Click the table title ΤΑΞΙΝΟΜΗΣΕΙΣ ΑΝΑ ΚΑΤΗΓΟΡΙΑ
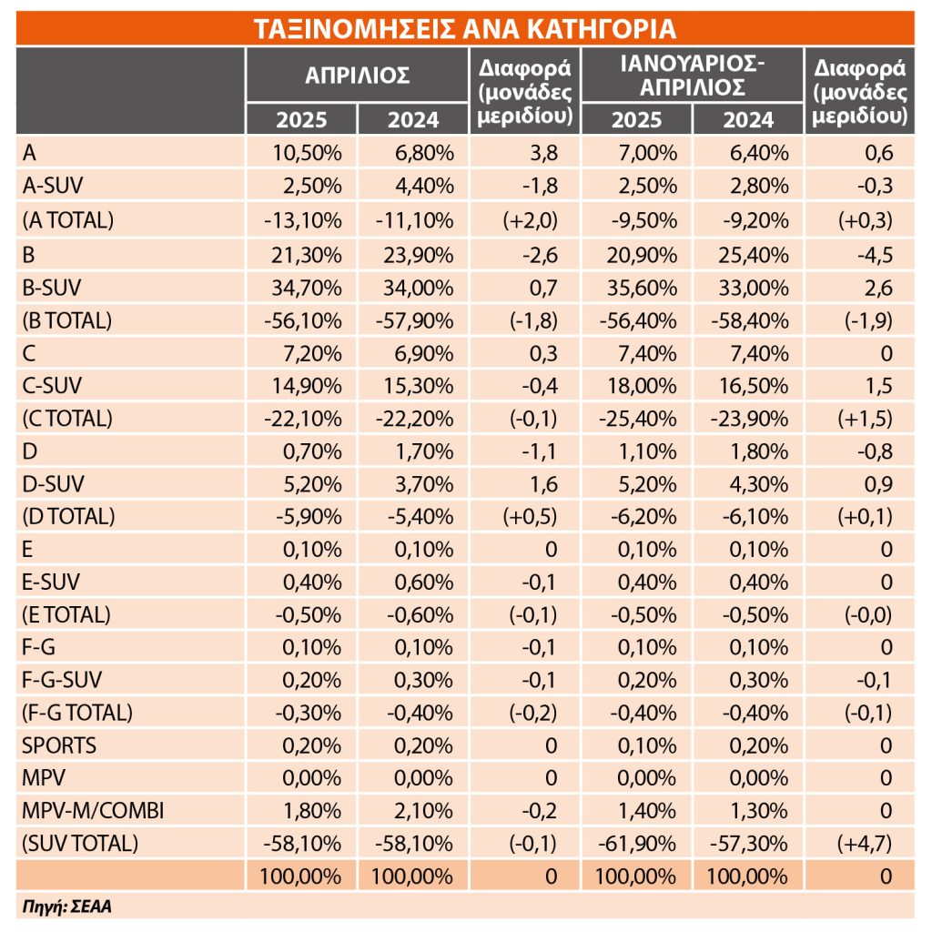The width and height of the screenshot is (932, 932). tap(465, 28)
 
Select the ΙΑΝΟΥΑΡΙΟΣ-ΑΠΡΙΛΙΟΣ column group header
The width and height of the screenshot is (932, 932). tap(693, 76)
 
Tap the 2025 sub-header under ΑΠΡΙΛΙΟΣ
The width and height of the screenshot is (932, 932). tap(301, 120)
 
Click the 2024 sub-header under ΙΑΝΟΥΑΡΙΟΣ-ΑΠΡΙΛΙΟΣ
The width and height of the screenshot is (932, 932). tap(748, 120)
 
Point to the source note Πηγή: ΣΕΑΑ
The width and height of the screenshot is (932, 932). tap(66, 907)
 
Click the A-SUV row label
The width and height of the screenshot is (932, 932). tap(52, 186)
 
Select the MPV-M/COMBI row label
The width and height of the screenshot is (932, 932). tap(93, 811)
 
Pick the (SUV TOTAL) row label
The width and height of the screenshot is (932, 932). tap(80, 844)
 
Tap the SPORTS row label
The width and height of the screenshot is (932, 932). tap(59, 745)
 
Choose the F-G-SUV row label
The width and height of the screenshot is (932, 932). tap(62, 680)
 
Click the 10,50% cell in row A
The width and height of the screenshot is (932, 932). tap(308, 153)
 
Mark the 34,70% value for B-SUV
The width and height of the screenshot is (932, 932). tap(307, 289)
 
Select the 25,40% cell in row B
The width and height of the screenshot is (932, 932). tap(754, 256)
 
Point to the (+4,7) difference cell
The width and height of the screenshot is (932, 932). tap(865, 844)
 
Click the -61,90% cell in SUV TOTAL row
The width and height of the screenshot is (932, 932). tap(637, 844)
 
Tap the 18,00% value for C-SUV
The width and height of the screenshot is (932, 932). tap(642, 386)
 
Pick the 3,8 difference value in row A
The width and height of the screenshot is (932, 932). tap(544, 153)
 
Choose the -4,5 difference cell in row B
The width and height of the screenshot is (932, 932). tap(875, 256)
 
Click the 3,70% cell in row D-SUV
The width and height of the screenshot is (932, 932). tap(424, 484)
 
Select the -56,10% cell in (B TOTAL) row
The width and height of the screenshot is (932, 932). tap(303, 321)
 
